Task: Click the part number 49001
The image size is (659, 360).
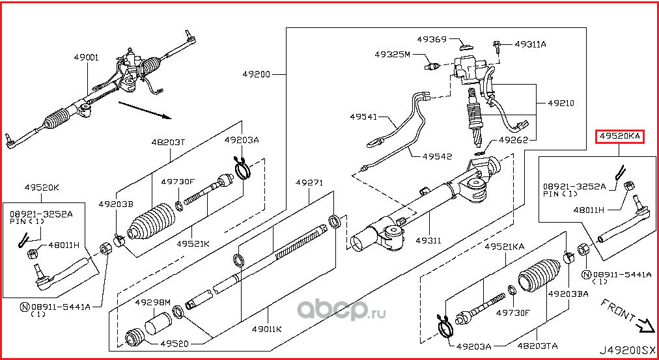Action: click(x=86, y=58)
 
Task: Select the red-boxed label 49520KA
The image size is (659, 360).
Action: click(x=620, y=136)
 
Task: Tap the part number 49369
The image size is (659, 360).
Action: click(x=431, y=40)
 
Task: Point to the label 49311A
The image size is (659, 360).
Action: click(x=530, y=44)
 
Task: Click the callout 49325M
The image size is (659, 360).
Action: click(x=392, y=55)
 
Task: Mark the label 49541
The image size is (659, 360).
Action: click(x=363, y=117)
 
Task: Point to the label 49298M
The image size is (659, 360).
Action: click(x=152, y=303)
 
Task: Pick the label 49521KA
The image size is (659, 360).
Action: click(x=504, y=247)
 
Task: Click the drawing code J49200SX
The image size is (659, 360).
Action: click(x=626, y=350)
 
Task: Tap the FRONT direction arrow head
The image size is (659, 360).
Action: click(x=647, y=324)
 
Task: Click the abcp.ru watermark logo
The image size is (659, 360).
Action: click(x=346, y=310)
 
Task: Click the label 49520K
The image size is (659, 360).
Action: click(x=42, y=187)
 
